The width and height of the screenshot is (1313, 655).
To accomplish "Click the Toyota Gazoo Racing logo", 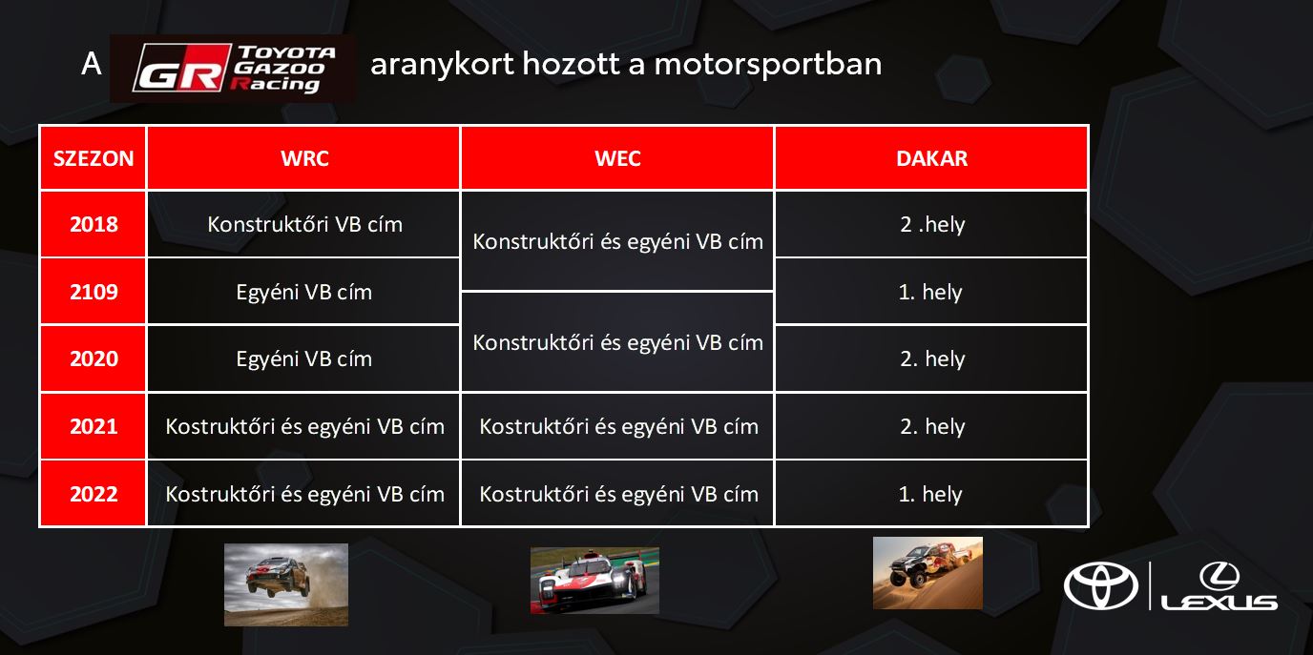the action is [x=233, y=68].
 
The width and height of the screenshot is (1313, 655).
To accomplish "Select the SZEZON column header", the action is [x=94, y=158].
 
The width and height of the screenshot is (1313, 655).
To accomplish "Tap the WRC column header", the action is [x=304, y=158].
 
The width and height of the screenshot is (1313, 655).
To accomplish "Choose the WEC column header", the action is [x=617, y=158].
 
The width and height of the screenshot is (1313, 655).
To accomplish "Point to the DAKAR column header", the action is [x=931, y=158].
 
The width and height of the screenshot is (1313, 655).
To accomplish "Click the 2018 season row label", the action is [x=94, y=224].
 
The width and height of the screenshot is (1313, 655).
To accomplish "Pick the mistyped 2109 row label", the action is [x=94, y=292].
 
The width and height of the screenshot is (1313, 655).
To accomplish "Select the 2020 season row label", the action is [x=94, y=358].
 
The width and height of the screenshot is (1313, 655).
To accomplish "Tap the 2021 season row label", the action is [x=94, y=426].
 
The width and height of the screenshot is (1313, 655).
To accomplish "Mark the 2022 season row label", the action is [x=94, y=494].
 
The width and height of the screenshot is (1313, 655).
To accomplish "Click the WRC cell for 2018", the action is [x=304, y=224].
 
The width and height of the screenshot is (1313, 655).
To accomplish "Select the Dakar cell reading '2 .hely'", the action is [x=932, y=224].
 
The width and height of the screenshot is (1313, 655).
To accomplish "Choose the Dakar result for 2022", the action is [x=930, y=494].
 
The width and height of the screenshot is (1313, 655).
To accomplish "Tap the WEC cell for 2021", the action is [x=618, y=426].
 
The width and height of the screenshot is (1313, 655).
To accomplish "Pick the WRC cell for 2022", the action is [x=304, y=494].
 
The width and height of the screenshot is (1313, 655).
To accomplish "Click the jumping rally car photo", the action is [x=286, y=584].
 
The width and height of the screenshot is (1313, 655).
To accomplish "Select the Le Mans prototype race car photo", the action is [x=594, y=581].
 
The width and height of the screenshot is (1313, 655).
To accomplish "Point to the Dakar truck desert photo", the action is [x=927, y=573].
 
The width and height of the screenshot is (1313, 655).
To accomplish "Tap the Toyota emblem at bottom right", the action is [x=1101, y=585].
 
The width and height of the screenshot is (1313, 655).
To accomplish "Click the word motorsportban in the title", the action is [x=768, y=63].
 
